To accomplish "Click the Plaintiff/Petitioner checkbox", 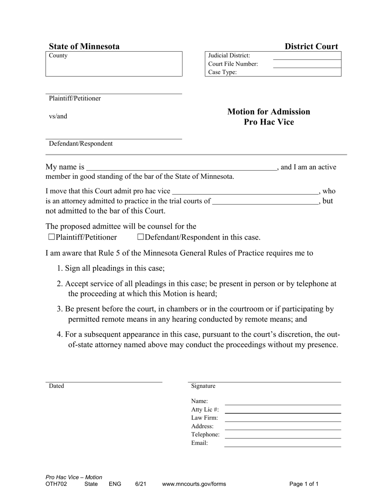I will [x=51, y=237].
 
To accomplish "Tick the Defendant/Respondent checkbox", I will [x=141, y=237].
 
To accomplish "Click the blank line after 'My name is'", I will [x=181, y=167].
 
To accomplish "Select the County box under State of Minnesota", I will [x=114, y=64].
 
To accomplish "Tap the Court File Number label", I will [x=233, y=64].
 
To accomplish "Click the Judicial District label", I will [x=229, y=55].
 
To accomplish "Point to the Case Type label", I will [x=222, y=73].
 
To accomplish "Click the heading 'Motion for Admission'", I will [x=268, y=112].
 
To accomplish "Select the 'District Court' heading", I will [x=311, y=46].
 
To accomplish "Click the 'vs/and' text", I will [x=58, y=116].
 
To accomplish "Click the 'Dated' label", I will [x=56, y=386].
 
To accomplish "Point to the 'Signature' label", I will [x=203, y=386].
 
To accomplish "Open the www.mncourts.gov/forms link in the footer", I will [x=194, y=484].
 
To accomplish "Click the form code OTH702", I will [x=56, y=484].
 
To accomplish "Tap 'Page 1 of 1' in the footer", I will [x=304, y=484].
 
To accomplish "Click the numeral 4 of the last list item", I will [x=59, y=335].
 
